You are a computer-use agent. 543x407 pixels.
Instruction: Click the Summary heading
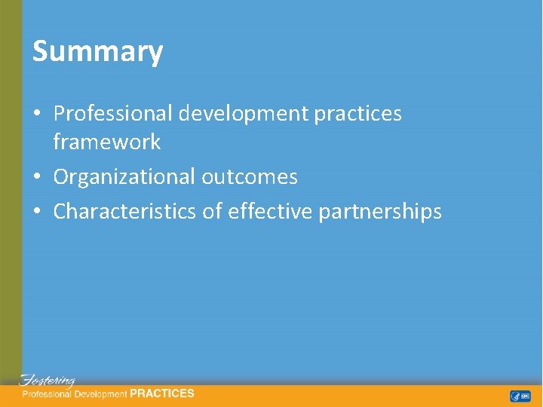coord(97,52)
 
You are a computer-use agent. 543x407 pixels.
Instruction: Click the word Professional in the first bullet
coord(115,114)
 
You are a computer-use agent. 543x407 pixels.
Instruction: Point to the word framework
coord(106,142)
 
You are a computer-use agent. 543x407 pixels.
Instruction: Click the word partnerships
coord(380,212)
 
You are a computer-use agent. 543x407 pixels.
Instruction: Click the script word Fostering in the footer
coord(47,381)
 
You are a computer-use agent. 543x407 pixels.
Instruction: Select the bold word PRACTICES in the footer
coord(162,393)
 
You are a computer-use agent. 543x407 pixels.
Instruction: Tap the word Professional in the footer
coord(47,393)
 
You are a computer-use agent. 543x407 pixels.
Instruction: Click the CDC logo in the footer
coord(525,396)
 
